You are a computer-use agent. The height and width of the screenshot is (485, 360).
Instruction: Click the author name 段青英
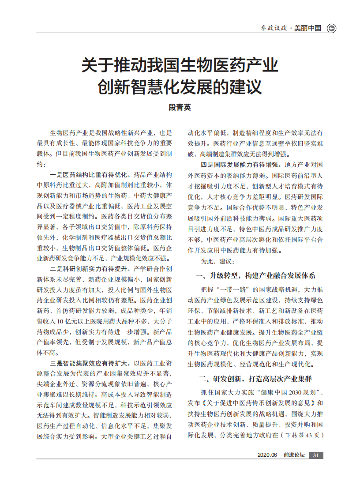(x=180, y=106)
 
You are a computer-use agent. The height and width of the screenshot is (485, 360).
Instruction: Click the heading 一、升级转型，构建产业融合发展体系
(x=255, y=276)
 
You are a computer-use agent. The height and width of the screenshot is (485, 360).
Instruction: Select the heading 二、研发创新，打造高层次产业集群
(x=255, y=379)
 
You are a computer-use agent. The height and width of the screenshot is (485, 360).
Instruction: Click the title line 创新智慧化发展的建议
(x=180, y=86)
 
